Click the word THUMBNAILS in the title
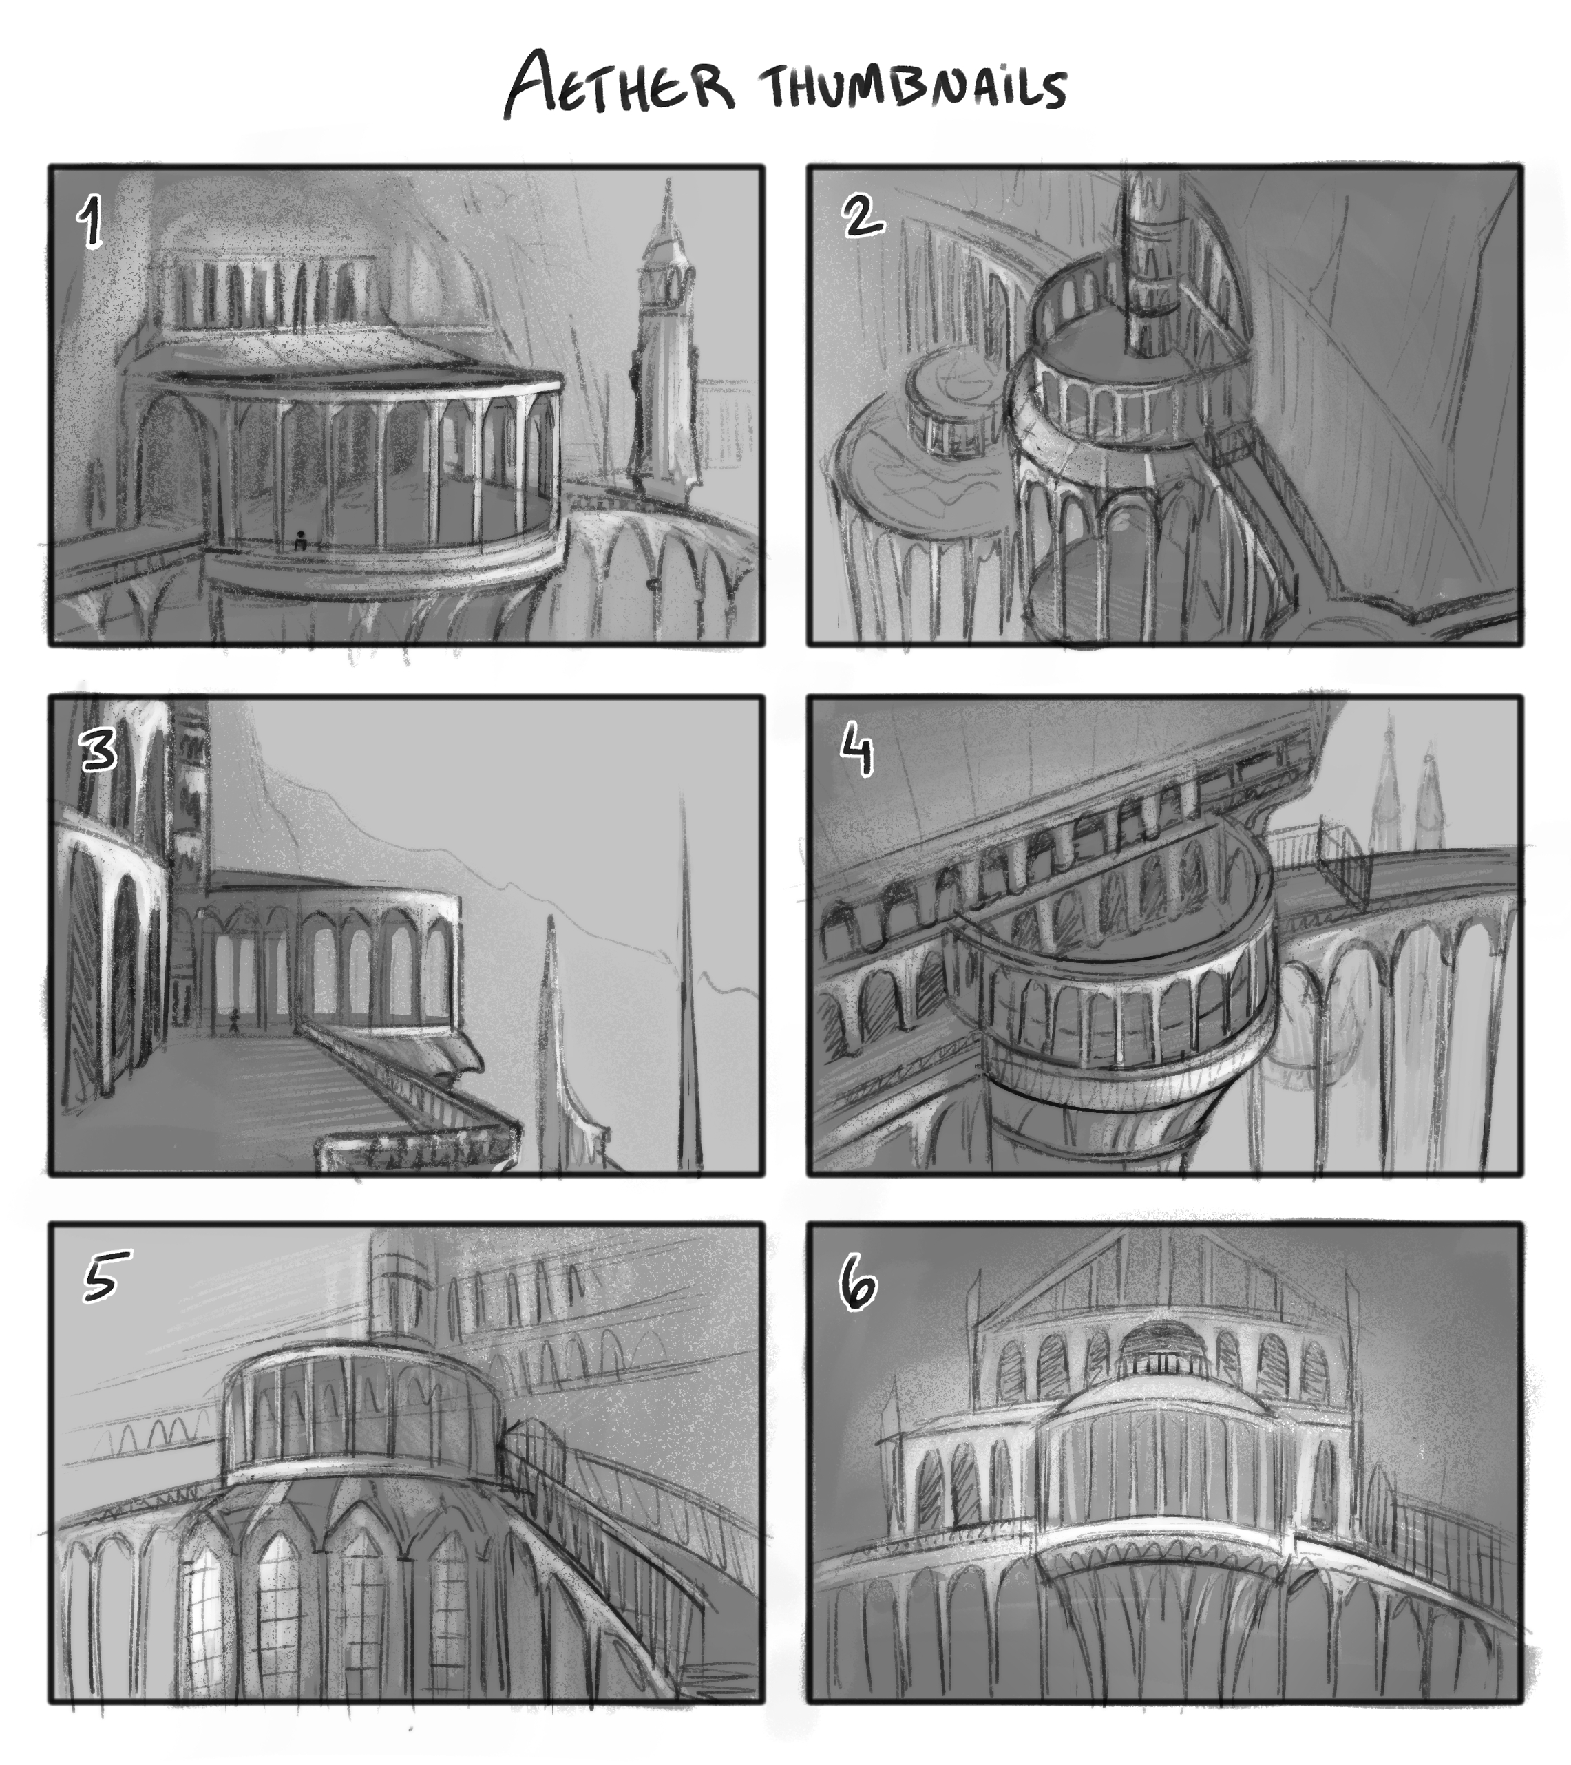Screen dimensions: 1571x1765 click(913, 88)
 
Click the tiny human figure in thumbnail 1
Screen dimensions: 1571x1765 click(299, 542)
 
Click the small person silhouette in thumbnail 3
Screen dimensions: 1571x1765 click(234, 1022)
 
